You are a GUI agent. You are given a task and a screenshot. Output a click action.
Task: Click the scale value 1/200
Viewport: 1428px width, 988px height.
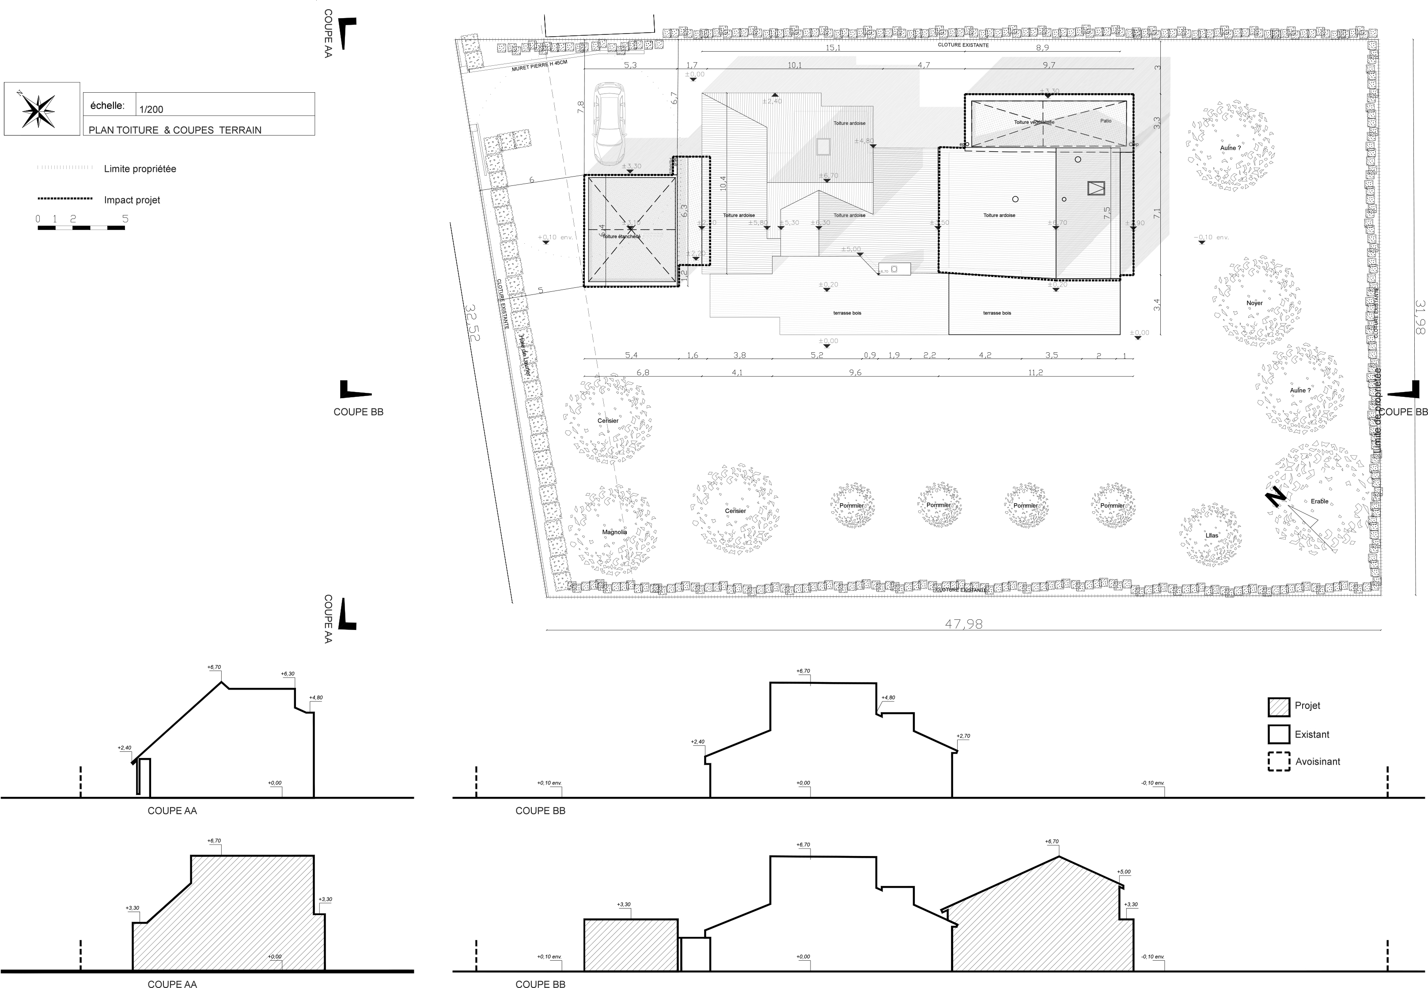(x=151, y=109)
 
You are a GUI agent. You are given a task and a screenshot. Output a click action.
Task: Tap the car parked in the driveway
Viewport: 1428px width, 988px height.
(x=608, y=124)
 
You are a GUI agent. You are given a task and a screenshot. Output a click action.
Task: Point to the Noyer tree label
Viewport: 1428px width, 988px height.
(x=1254, y=303)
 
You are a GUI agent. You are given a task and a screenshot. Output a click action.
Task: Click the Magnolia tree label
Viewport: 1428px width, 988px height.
(x=614, y=532)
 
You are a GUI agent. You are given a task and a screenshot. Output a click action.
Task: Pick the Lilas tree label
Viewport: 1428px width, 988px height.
(x=1211, y=535)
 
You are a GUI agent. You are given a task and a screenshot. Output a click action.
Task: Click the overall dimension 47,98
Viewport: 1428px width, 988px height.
(x=964, y=624)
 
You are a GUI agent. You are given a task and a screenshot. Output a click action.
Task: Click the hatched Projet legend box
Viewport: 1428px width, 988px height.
(x=1278, y=707)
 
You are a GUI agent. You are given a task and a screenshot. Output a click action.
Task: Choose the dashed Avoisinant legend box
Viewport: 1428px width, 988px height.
(x=1278, y=762)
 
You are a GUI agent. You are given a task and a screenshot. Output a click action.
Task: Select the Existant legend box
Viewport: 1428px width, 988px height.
(x=1278, y=734)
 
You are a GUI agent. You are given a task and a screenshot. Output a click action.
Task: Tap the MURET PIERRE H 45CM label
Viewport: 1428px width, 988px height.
(x=539, y=66)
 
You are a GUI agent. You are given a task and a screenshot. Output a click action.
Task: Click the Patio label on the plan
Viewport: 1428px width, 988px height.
(x=1106, y=121)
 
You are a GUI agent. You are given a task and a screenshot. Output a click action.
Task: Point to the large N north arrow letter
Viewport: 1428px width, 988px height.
(x=1274, y=497)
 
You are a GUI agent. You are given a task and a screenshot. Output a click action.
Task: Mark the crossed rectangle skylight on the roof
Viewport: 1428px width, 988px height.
(x=1095, y=188)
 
